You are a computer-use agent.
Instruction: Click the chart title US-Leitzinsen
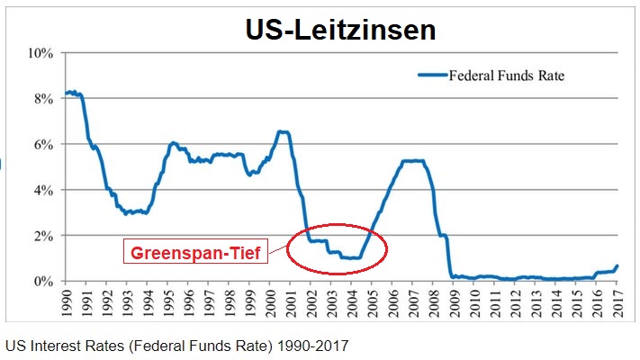tap(340, 30)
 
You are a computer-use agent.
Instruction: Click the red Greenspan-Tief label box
tap(195, 254)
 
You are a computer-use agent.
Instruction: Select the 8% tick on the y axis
tap(42, 98)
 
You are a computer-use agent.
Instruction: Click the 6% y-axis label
tap(42, 144)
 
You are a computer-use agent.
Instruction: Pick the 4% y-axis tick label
tap(42, 190)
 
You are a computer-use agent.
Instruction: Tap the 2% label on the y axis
tap(42, 236)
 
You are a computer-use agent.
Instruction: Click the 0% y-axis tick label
tap(42, 281)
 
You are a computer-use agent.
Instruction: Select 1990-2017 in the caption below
tap(315, 345)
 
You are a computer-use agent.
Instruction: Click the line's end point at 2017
tap(617, 265)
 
